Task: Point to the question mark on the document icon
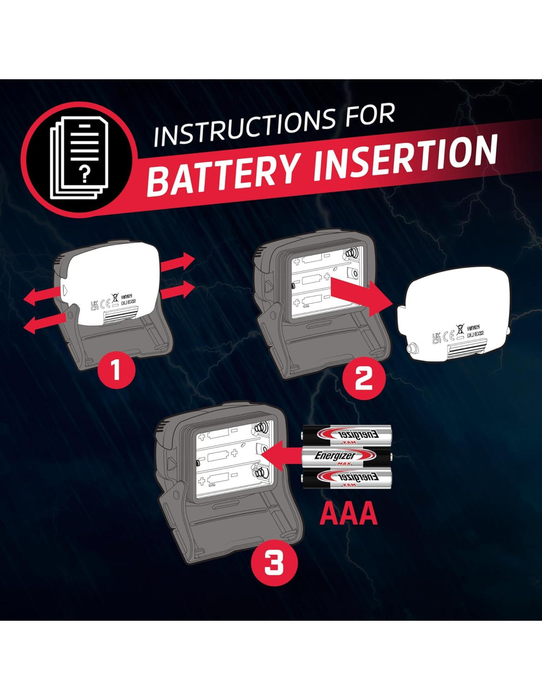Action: (85, 174)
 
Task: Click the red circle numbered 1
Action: (116, 369)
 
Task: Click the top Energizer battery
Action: (347, 435)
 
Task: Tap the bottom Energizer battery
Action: (347, 478)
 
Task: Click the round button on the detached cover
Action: (411, 349)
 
